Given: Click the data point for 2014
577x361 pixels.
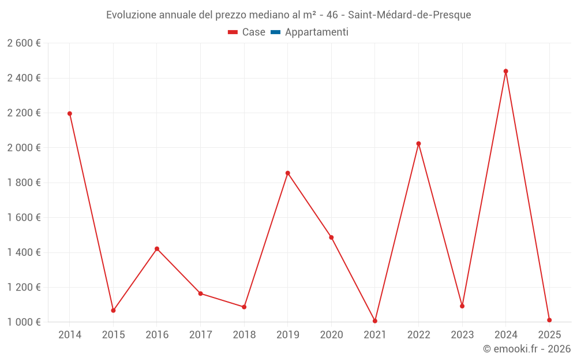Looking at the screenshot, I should click(x=70, y=114).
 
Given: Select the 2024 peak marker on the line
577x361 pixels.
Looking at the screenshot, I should click(x=506, y=72).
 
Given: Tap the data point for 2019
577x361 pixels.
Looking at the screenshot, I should click(x=288, y=173).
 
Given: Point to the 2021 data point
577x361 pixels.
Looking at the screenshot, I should click(x=375, y=321).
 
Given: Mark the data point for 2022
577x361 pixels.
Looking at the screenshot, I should click(x=419, y=144).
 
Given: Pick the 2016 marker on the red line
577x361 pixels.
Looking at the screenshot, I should click(x=157, y=249).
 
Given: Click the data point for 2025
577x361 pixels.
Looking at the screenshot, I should click(x=549, y=320).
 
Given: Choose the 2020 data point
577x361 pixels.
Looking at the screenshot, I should click(x=331, y=237).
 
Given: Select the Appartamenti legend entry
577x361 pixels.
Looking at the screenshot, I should click(x=316, y=32).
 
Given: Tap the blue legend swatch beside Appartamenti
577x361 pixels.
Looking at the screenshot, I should click(x=275, y=32).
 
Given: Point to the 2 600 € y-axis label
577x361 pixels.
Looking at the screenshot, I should click(x=24, y=43).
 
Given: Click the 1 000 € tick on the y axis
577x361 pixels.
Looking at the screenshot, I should click(x=24, y=322).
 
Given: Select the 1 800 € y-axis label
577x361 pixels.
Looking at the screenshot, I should click(x=24, y=183).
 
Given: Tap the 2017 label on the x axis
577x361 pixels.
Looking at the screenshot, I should click(x=200, y=335).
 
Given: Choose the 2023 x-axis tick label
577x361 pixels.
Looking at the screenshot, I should click(x=462, y=335).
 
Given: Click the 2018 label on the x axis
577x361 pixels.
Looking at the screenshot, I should click(x=244, y=335).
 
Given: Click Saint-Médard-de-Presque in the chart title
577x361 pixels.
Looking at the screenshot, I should click(x=409, y=15).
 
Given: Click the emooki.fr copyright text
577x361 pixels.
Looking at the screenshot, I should click(x=526, y=349).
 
